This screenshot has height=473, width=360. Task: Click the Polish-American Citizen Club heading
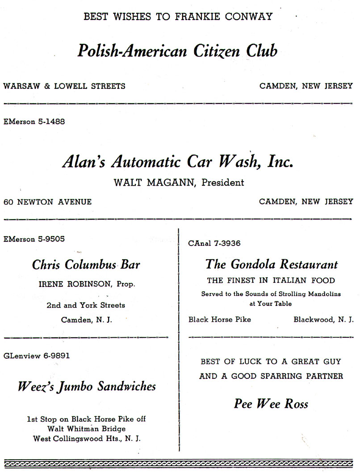(x=177, y=51)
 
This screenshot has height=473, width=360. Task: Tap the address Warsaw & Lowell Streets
(x=64, y=86)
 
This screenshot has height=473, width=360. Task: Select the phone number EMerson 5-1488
(x=34, y=121)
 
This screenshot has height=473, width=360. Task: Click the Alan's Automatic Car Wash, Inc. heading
(x=178, y=162)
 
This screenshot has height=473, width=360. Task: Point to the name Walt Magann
(x=155, y=183)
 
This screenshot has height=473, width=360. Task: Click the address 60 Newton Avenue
(x=48, y=202)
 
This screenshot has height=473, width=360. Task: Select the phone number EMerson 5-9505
(x=34, y=239)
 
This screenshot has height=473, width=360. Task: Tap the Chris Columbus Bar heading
(x=86, y=265)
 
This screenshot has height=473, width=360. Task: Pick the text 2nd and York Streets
(x=86, y=306)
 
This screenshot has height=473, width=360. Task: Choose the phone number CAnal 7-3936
(x=215, y=244)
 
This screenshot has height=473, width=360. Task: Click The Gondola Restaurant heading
(x=271, y=264)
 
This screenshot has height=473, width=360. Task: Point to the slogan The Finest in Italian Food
(x=271, y=281)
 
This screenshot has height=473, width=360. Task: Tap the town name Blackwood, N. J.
(x=323, y=319)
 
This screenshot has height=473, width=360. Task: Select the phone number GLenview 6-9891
(x=37, y=356)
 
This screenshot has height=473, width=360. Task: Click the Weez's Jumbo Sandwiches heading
(x=87, y=386)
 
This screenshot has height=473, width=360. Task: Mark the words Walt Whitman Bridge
(x=86, y=429)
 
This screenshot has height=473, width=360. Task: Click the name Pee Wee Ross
(x=271, y=404)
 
